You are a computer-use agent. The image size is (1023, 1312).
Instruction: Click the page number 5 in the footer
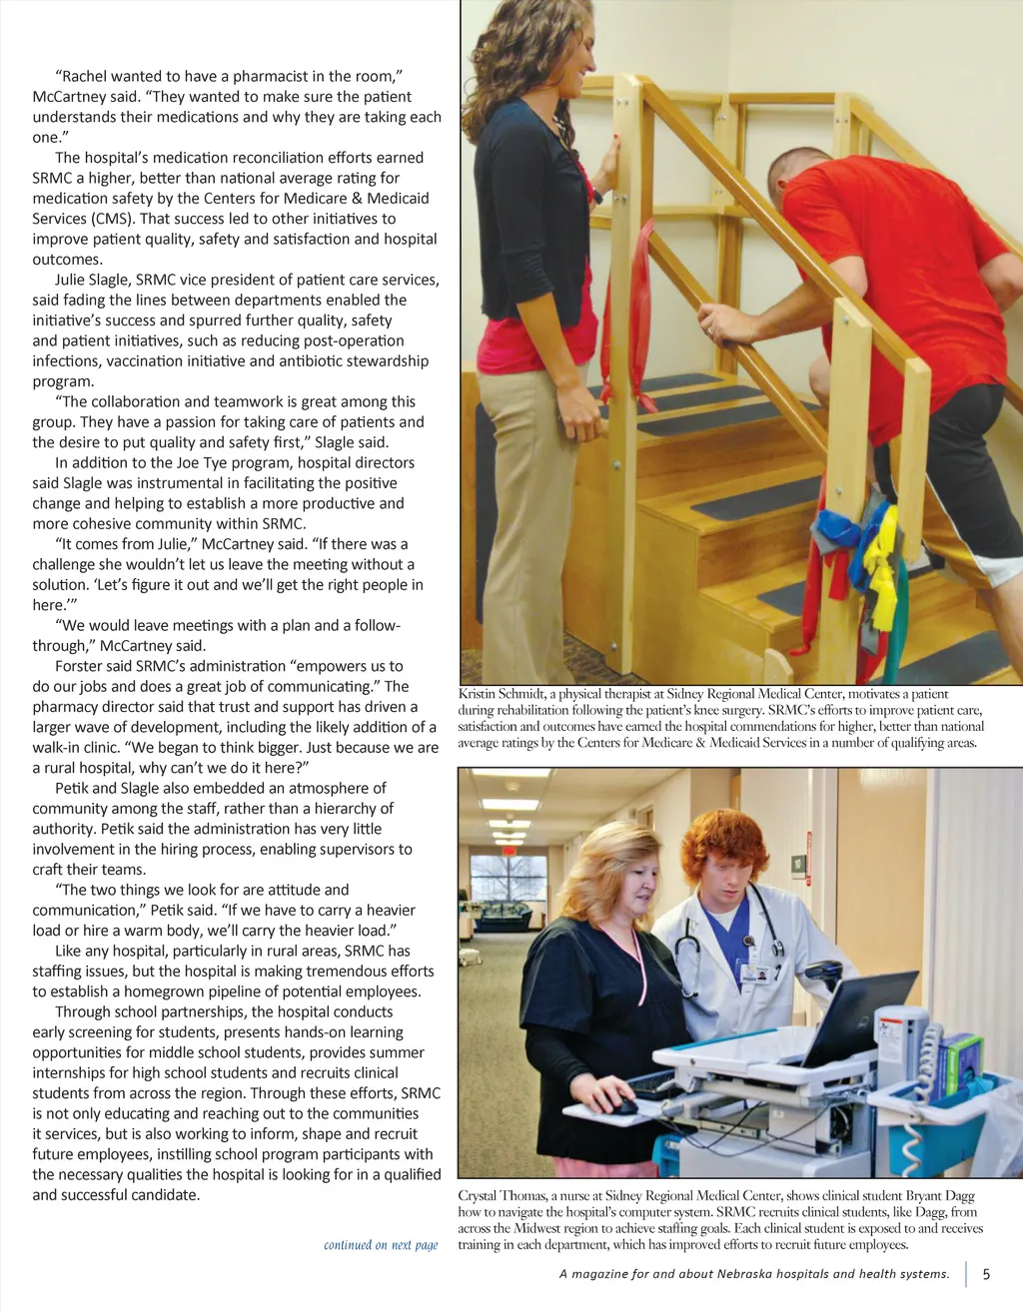tap(986, 1274)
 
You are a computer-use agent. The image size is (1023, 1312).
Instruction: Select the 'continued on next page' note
tap(381, 1245)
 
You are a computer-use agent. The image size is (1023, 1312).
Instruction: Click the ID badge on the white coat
tap(757, 971)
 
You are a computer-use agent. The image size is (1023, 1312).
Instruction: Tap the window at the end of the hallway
tap(509, 877)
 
